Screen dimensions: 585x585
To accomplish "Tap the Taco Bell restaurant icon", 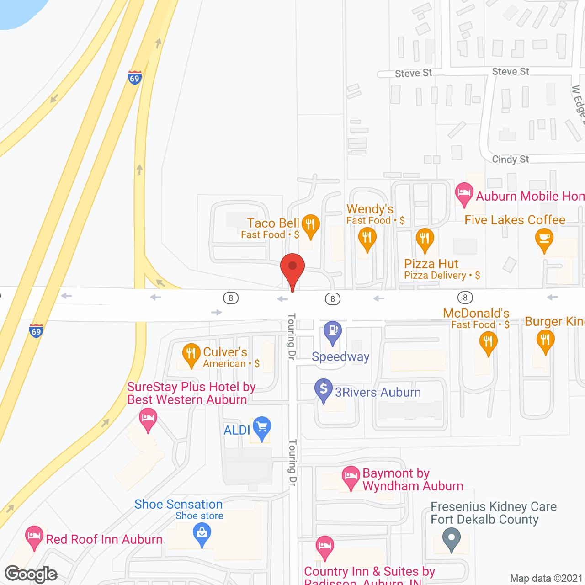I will (x=310, y=225).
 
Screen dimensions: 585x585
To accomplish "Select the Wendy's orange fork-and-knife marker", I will (x=367, y=238).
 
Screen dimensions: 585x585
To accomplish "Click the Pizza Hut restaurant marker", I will (x=425, y=239).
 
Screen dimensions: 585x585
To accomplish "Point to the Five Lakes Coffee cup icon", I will (x=544, y=239).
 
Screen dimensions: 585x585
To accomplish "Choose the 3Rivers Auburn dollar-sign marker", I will (x=324, y=389).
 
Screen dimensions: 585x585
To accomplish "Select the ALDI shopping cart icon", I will (x=262, y=427).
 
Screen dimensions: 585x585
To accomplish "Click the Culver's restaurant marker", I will (x=191, y=354).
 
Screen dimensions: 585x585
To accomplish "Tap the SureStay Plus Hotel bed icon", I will (x=148, y=418).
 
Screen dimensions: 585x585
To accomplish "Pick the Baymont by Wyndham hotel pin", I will (x=351, y=476).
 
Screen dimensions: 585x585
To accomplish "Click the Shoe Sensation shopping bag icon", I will (x=202, y=533).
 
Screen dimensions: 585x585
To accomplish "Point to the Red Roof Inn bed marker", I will (x=34, y=536).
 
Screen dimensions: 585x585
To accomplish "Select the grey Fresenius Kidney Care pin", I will (x=452, y=538).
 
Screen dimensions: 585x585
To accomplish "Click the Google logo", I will (x=31, y=574).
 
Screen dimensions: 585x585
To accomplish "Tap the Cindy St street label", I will (x=510, y=159).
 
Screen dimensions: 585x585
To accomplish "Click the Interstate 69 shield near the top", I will (x=134, y=78).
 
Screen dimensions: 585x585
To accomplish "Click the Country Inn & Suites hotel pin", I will (x=324, y=546).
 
